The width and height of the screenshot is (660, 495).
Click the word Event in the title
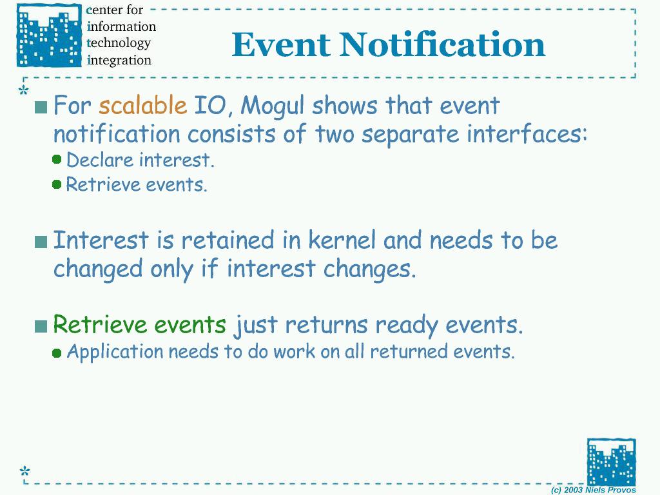281,44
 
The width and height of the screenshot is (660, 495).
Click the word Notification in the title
442,44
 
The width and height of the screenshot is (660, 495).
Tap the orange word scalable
142,105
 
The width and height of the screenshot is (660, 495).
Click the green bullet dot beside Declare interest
57,159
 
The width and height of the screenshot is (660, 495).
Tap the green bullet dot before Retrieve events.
57,184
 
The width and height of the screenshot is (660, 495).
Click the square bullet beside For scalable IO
41,108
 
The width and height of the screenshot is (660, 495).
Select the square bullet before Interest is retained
41,242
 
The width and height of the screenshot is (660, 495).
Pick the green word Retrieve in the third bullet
99,324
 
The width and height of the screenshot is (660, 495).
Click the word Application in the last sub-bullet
115,352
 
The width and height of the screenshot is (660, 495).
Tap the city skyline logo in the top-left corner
49,35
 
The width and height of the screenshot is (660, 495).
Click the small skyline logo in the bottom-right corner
612,461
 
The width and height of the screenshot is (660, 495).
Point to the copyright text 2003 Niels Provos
600,490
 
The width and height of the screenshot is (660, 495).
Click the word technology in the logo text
119,43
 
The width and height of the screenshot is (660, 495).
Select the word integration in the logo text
119,60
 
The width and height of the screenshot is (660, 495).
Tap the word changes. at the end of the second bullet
369,269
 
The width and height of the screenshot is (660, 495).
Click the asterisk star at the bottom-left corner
25,471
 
